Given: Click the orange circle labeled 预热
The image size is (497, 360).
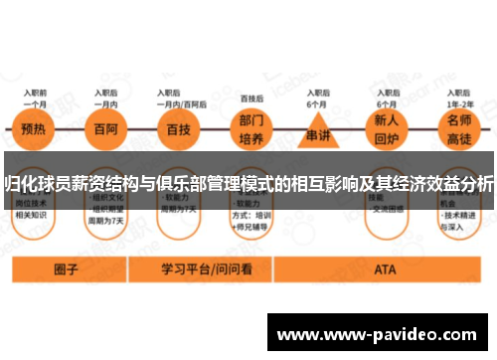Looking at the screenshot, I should pyautogui.click(x=35, y=130).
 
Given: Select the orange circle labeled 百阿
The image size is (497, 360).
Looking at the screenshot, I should pyautogui.click(x=106, y=130).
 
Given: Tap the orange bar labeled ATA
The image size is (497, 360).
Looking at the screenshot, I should pyautogui.click(x=385, y=270).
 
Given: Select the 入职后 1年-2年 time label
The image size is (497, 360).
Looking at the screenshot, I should pyautogui.click(x=460, y=96).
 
